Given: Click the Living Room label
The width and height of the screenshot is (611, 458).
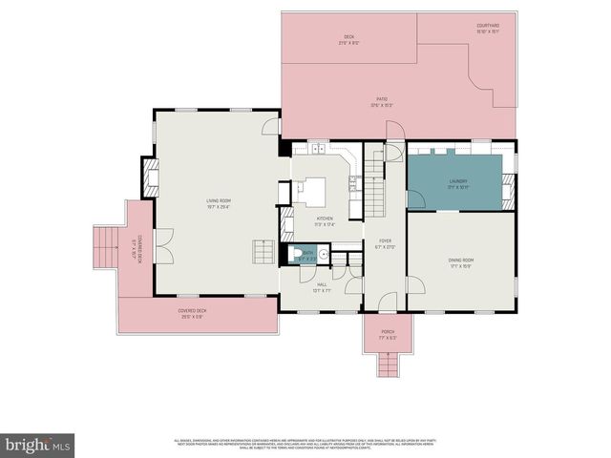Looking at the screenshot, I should tap(219, 202).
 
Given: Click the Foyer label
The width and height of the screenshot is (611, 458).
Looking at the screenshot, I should tap(385, 243).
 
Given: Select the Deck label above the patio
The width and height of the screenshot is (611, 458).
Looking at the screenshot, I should tap(349, 40).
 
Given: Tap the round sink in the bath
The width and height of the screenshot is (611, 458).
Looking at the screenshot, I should tap(324, 255).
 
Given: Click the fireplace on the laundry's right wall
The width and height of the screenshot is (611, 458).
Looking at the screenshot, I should tap(509, 186).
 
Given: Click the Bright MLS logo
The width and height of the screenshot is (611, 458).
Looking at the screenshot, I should tap(38, 445).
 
